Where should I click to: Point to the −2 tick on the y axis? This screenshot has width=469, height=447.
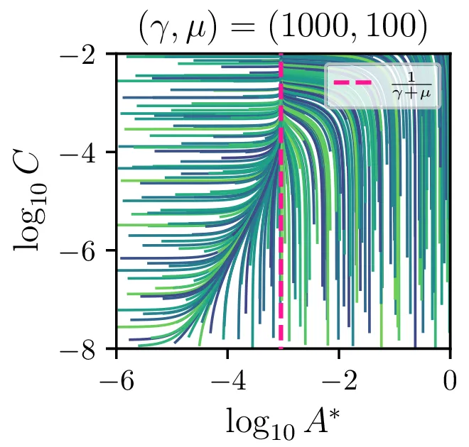[x=91, y=54]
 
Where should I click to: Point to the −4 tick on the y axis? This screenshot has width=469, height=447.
[x=91, y=153]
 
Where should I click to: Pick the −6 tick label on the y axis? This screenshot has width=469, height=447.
[x=91, y=251]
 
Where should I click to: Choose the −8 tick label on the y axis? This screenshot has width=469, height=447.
[x=91, y=349]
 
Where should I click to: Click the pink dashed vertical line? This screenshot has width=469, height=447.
[x=281, y=213]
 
